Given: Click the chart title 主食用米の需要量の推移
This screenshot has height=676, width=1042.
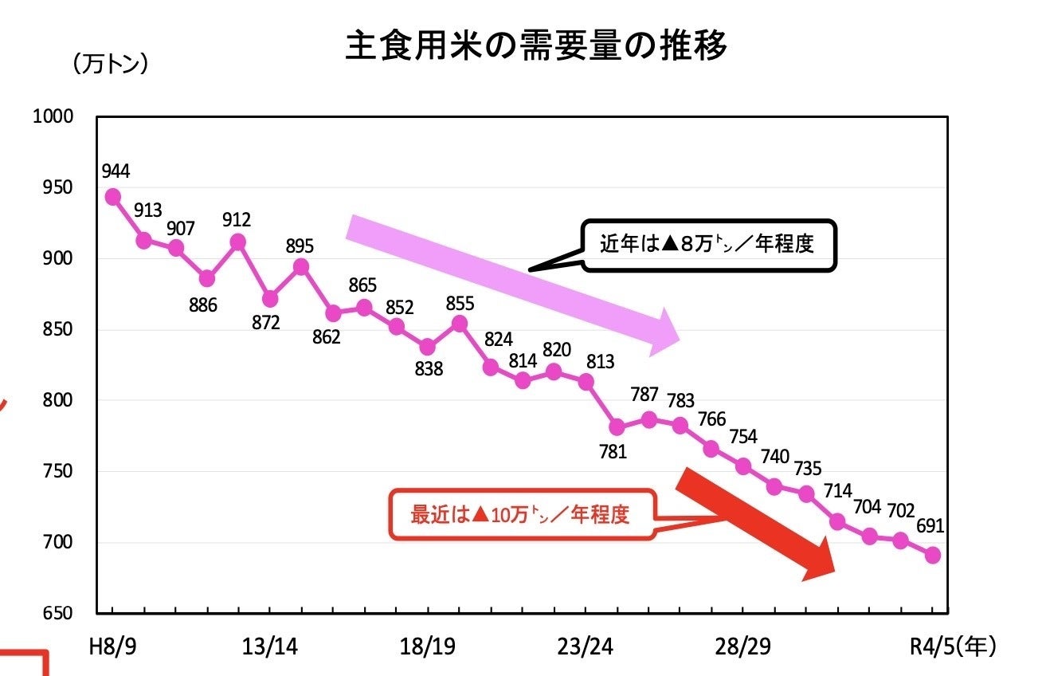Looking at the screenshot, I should pyautogui.click(x=536, y=47).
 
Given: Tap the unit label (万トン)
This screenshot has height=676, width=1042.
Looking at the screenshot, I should pyautogui.click(x=111, y=65).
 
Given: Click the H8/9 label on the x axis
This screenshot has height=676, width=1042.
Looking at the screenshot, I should pyautogui.click(x=111, y=647).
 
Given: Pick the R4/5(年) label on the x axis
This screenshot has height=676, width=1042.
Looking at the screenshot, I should pyautogui.click(x=953, y=647).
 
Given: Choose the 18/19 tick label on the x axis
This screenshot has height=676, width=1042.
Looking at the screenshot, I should pyautogui.click(x=427, y=647).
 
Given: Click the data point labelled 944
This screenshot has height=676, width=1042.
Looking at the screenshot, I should pyautogui.click(x=112, y=196).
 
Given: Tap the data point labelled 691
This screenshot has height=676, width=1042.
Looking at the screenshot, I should pyautogui.click(x=933, y=555).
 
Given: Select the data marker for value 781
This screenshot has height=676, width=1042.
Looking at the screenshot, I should pyautogui.click(x=617, y=426).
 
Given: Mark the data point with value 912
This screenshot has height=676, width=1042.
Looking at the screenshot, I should pyautogui.click(x=238, y=242).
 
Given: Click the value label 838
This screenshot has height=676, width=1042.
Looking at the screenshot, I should pyautogui.click(x=429, y=369).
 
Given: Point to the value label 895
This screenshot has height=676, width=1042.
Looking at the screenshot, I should pyautogui.click(x=300, y=246).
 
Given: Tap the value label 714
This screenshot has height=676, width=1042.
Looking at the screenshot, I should pyautogui.click(x=837, y=491).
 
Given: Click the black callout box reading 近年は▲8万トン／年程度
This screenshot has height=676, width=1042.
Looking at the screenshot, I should pyautogui.click(x=707, y=245).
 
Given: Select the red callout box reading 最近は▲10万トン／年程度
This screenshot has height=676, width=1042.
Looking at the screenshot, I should pyautogui.click(x=521, y=515).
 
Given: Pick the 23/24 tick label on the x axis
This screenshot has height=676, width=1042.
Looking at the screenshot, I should pyautogui.click(x=585, y=647).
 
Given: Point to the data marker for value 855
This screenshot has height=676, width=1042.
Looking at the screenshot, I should pyautogui.click(x=460, y=323).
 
